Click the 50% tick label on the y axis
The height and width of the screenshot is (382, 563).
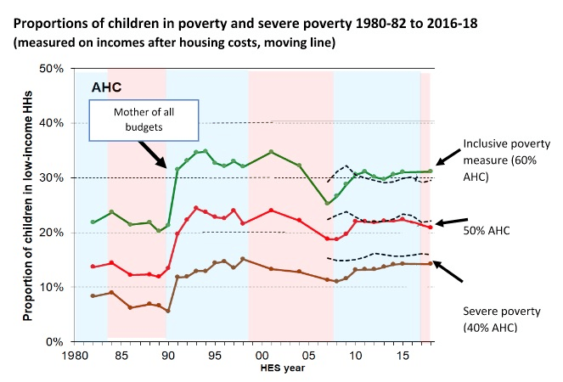(54, 69)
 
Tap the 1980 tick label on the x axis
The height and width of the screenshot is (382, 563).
(76, 357)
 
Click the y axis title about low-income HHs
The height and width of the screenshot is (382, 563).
(27, 205)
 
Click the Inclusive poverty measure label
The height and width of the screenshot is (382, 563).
(496, 152)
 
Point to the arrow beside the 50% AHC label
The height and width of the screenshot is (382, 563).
(450, 223)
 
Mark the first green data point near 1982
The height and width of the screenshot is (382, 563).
(93, 222)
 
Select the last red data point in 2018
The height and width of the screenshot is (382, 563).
(431, 228)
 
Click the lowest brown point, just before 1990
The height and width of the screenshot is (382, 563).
(168, 311)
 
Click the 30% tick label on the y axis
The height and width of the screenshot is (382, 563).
(54, 178)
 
